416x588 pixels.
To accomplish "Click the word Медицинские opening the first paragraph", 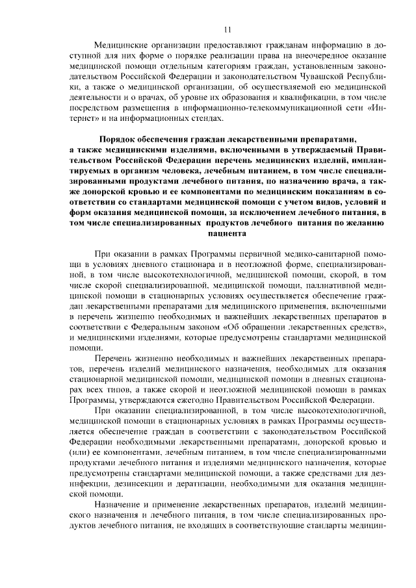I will click(122, 45).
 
